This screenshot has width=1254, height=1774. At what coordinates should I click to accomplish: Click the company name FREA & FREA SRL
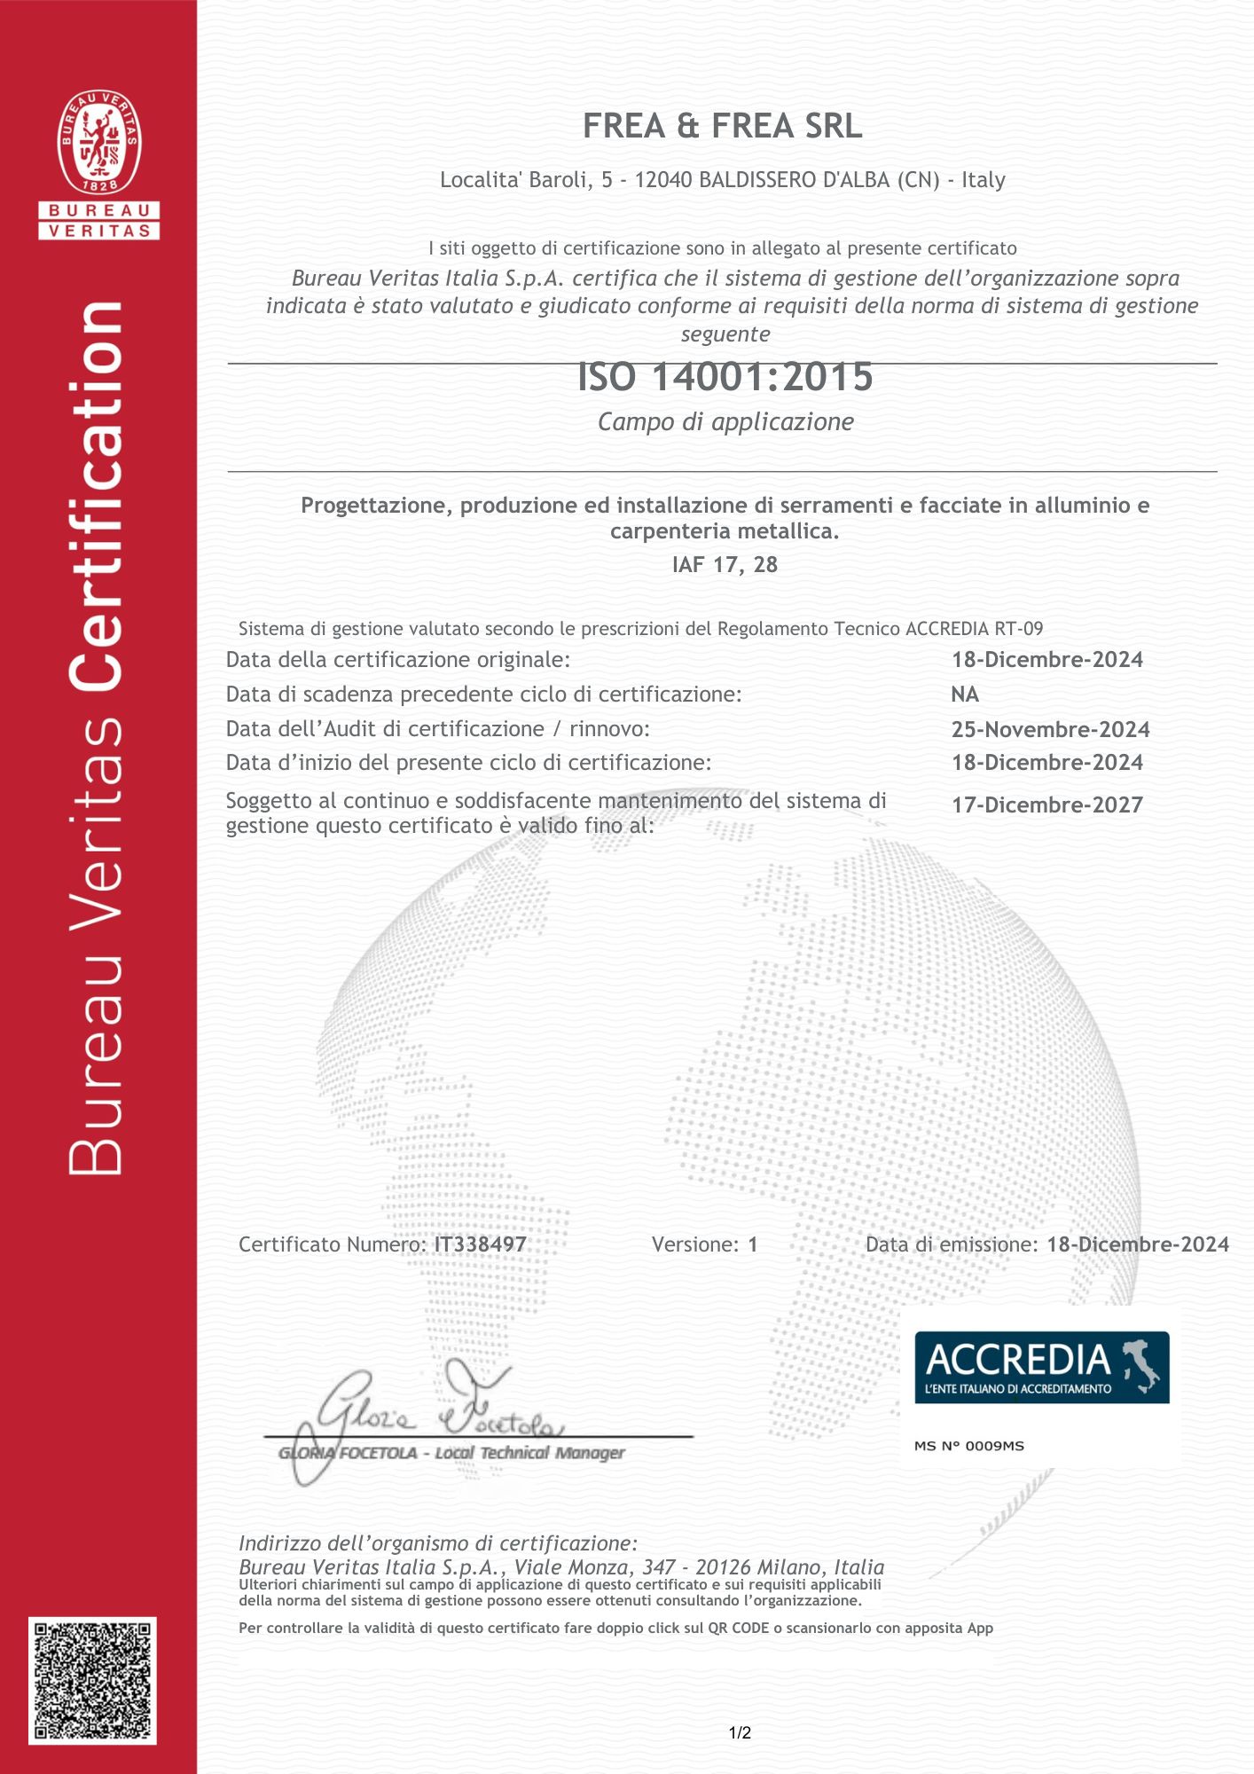pos(722,127)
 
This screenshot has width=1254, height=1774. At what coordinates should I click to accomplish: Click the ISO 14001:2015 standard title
pos(725,377)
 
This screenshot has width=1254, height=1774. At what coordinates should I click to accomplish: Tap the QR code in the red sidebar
pos(93,1680)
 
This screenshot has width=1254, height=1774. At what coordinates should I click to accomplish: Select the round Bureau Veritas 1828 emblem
pos(99,142)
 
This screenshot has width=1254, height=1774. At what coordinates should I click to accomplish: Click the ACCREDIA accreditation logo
pos(1041,1367)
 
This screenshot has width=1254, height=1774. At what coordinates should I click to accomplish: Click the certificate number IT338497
pos(480,1244)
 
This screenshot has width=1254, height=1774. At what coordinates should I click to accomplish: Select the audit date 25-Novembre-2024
pos(1050,729)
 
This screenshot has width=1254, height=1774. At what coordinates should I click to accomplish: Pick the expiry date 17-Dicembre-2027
pos(1046,805)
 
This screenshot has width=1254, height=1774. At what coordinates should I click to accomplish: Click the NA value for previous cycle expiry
pos(965,695)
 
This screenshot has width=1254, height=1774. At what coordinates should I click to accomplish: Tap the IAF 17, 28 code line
pos(725,565)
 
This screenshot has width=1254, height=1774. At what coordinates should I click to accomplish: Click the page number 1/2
pos(740,1732)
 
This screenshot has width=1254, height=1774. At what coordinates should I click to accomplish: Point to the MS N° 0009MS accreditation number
pos(968,1446)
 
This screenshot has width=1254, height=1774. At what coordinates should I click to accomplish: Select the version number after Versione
pos(753,1244)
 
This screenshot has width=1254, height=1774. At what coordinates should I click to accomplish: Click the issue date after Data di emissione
pos(1137,1244)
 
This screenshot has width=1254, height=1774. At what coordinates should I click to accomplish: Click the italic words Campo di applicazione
pos(725,422)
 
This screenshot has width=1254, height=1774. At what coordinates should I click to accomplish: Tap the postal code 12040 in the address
pos(663,180)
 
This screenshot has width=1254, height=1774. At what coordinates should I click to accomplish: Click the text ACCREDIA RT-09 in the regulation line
pos(974,629)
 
